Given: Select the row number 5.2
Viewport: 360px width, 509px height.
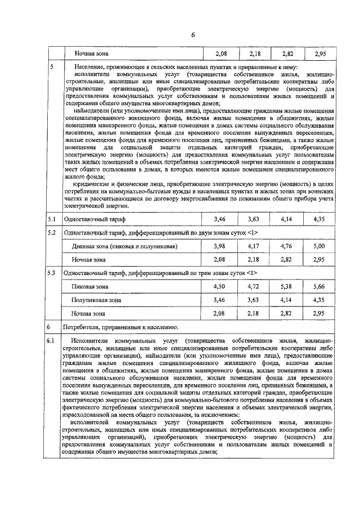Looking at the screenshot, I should pos(52,232).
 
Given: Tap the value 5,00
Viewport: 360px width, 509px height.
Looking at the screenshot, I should pos(319,246).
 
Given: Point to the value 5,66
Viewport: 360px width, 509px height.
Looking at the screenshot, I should pos(319,286).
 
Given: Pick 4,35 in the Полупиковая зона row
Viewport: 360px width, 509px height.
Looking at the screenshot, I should pos(319,300).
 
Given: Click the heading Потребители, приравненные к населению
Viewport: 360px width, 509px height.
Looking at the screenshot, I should pos(121,326).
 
